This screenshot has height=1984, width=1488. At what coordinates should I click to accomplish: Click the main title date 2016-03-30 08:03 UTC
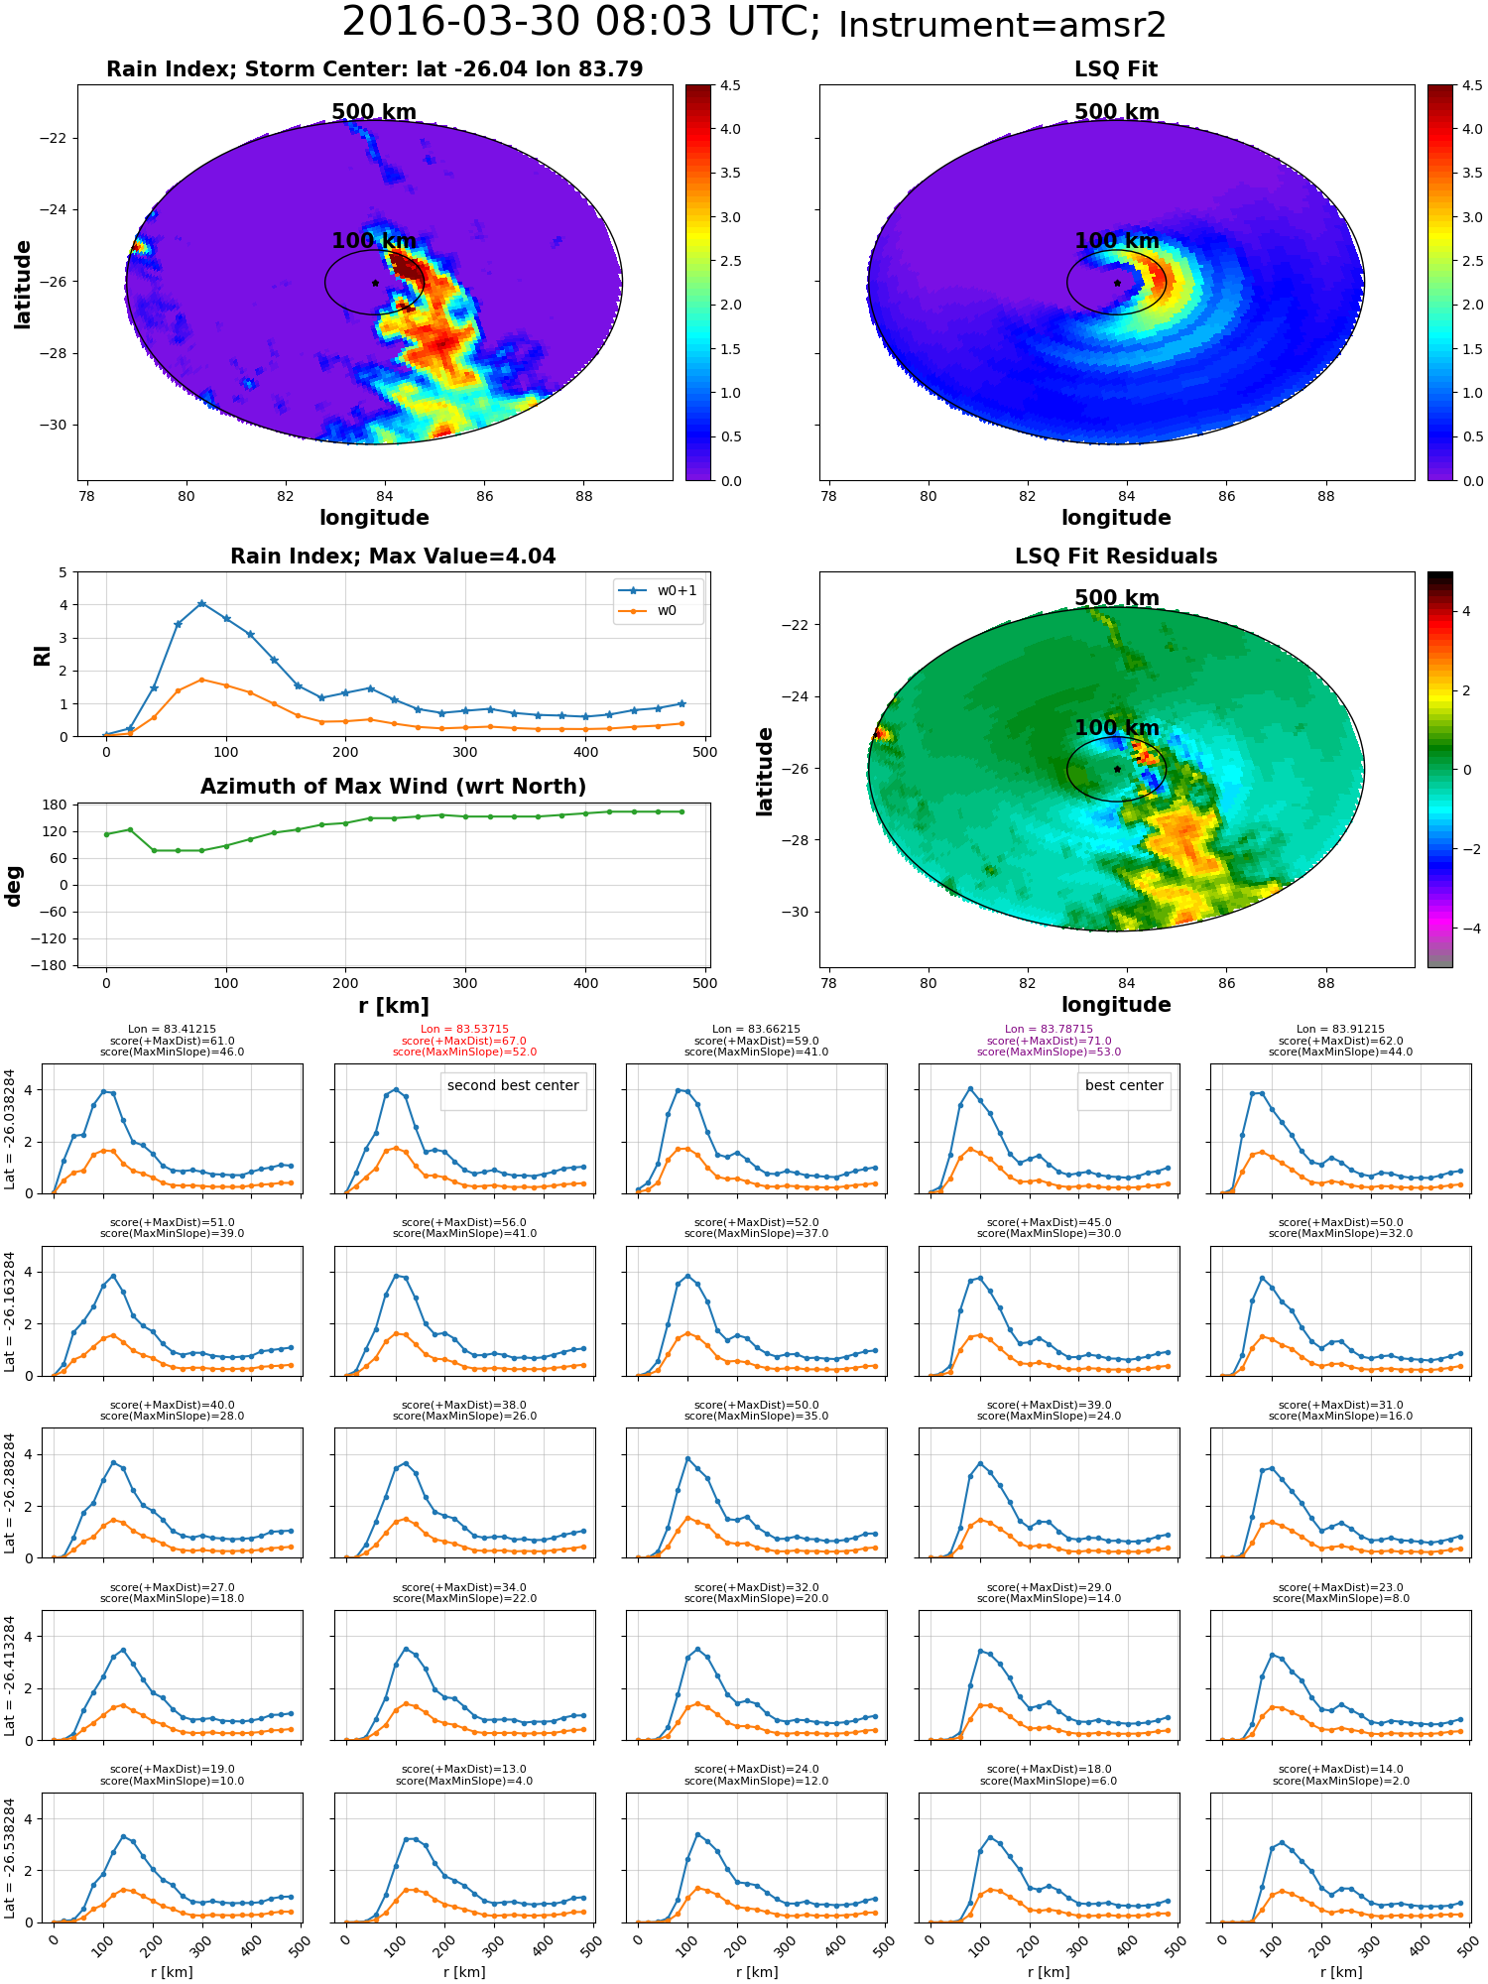(581, 23)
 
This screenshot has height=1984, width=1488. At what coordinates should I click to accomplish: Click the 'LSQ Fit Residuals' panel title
(1116, 557)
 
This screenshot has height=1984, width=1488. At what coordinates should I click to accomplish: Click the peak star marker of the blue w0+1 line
(201, 603)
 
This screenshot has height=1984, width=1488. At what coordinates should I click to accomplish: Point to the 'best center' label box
(1124, 1086)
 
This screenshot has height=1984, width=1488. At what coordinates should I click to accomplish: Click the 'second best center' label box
(513, 1086)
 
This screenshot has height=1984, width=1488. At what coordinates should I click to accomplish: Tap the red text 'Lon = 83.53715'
(464, 1030)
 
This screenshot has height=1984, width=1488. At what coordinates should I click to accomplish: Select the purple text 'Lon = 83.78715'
(1049, 1030)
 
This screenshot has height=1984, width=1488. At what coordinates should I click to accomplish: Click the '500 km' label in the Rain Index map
(374, 112)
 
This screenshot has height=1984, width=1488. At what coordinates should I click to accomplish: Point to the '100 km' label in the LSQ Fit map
(1117, 241)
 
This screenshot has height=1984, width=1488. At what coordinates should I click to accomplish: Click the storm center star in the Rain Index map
(375, 283)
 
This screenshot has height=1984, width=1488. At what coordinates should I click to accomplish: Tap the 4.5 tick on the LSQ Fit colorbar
(1472, 86)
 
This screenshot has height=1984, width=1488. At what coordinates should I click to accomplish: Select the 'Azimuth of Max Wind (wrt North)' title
(393, 787)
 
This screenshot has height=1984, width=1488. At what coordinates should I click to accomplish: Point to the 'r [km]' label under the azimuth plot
(393, 1006)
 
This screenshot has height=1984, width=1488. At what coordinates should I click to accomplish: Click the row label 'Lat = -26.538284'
(10, 1859)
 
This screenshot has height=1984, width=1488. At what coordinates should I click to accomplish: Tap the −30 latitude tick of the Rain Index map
(53, 425)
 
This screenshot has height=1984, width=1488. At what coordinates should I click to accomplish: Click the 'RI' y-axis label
(42, 656)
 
